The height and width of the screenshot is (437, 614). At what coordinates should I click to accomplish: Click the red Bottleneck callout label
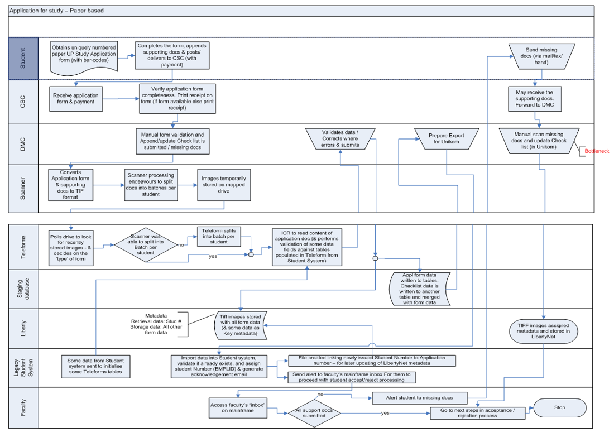(x=597, y=151)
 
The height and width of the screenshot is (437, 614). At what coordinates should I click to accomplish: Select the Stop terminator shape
(x=559, y=407)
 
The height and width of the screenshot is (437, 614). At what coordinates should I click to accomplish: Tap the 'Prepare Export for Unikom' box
(x=446, y=138)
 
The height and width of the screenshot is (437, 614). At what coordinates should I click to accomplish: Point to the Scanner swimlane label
(x=23, y=189)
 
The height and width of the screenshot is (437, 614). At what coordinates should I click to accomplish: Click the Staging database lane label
(x=23, y=289)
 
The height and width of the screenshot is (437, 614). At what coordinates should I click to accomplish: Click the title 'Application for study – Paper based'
(x=56, y=11)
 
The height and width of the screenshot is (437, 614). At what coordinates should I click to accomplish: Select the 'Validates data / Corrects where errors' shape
(x=340, y=138)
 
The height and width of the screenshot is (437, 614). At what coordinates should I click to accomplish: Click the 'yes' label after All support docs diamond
(x=385, y=414)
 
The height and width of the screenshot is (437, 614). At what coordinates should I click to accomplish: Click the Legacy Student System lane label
(x=23, y=369)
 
